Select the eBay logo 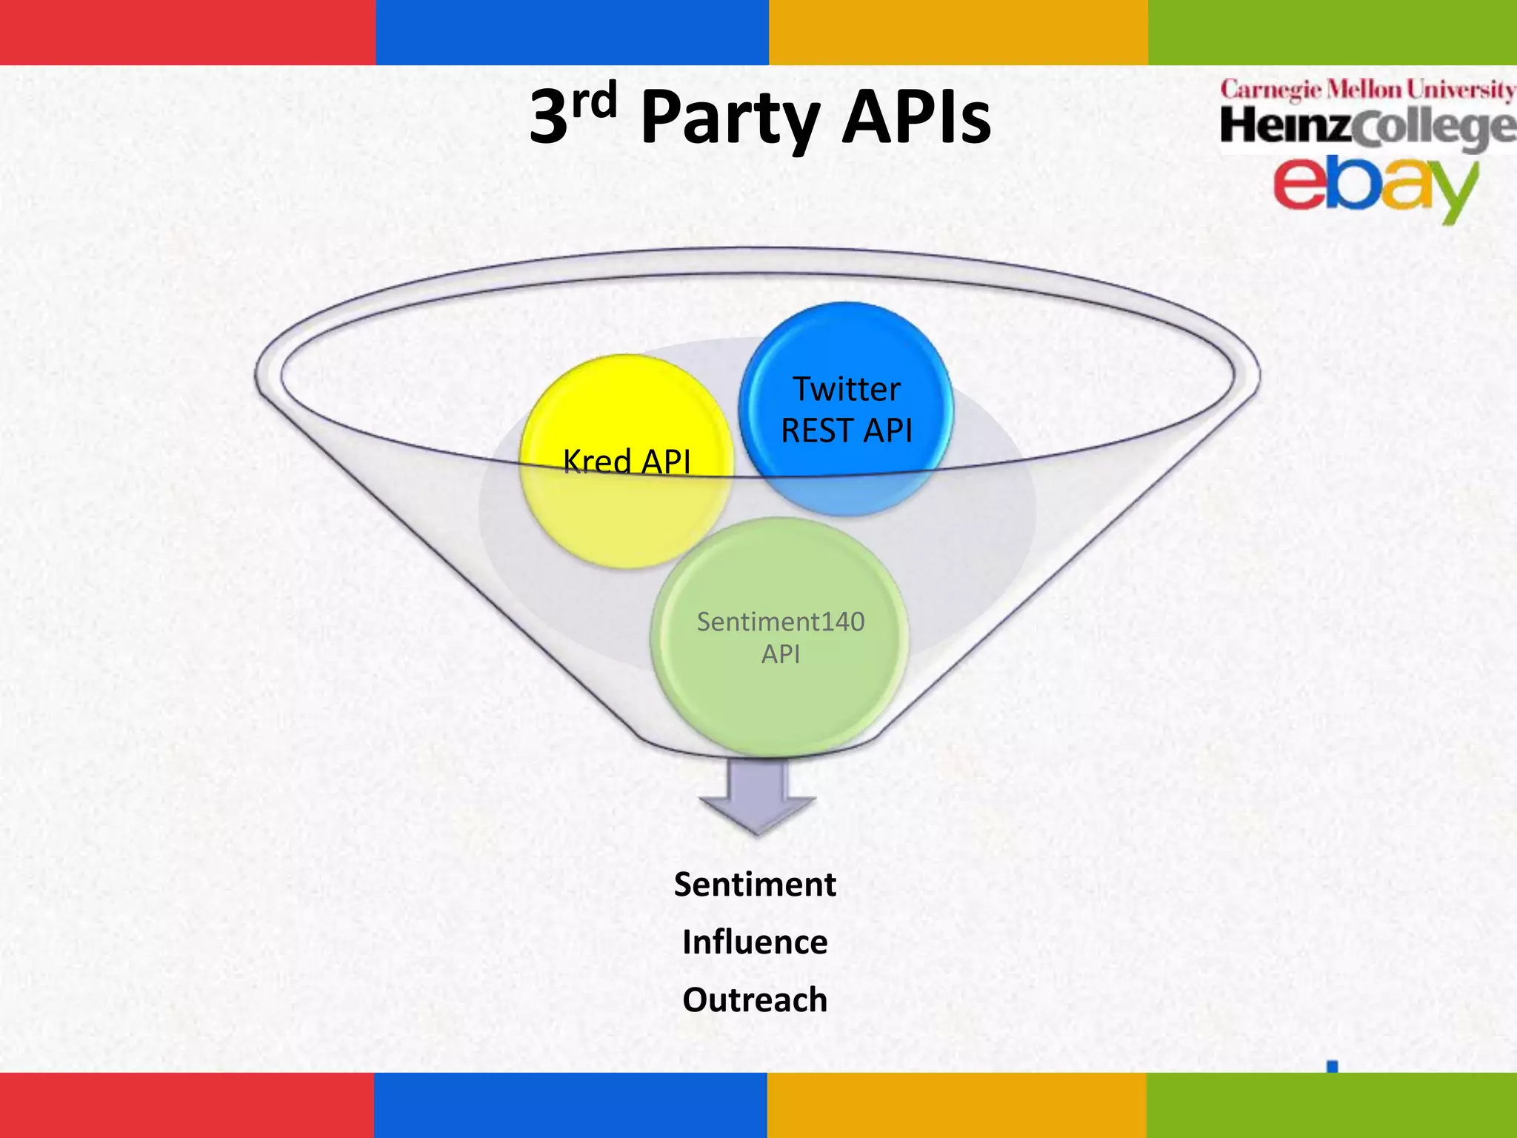1376,186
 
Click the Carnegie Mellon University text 1367,90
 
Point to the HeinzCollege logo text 1367,127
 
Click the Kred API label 627,462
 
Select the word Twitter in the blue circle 847,389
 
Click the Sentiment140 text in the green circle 780,622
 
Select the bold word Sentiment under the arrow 755,885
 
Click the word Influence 755,942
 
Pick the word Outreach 755,1000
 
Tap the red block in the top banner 187,32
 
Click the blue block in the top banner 572,32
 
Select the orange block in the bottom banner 956,1105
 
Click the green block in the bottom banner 1331,1105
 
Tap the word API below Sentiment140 780,655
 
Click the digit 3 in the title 549,119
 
